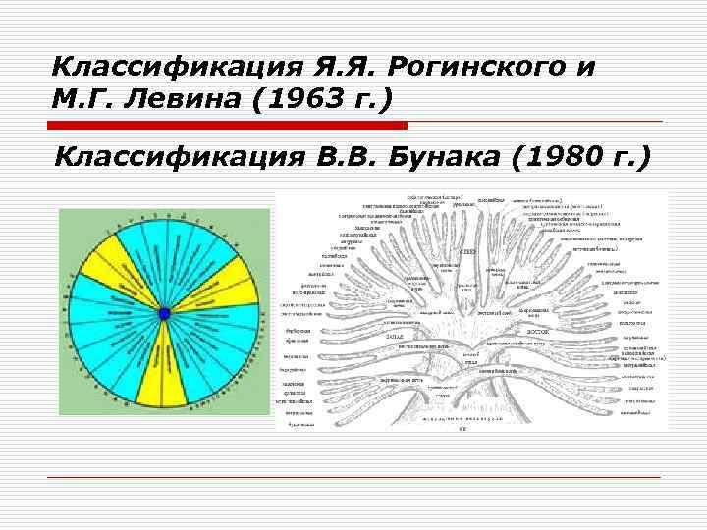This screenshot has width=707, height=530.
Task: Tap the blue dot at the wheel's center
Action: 164,313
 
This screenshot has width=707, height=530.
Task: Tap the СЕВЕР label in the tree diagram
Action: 469,252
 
